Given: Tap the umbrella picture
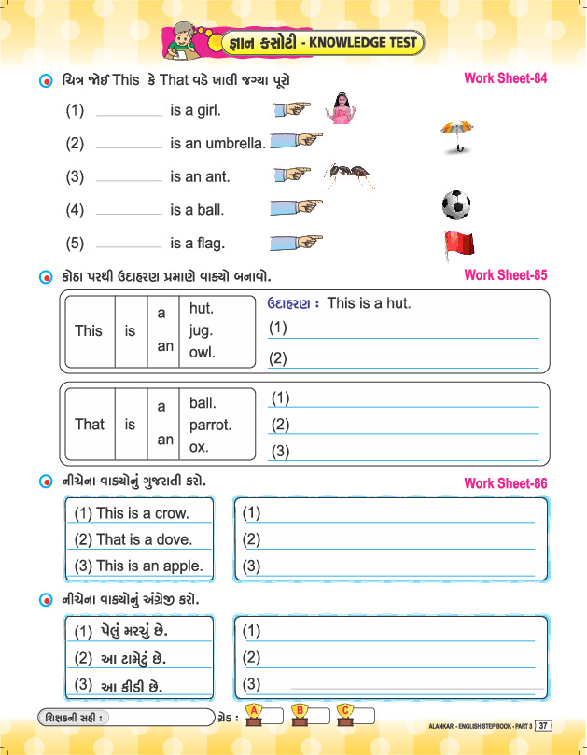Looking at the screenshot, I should tap(455, 136).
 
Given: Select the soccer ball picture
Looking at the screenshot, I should tap(455, 204).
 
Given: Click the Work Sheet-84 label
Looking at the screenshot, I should tap(505, 78).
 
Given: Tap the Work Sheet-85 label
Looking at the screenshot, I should tap(505, 275).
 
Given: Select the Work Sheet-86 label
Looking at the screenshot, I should tap(505, 483).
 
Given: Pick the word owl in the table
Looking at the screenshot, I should tap(202, 353).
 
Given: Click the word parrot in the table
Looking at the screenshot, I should tap(210, 425).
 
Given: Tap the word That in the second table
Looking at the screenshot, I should tap(90, 425).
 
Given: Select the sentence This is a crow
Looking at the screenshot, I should tap(131, 513).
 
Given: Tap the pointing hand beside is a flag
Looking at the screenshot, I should tap(296, 243).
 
